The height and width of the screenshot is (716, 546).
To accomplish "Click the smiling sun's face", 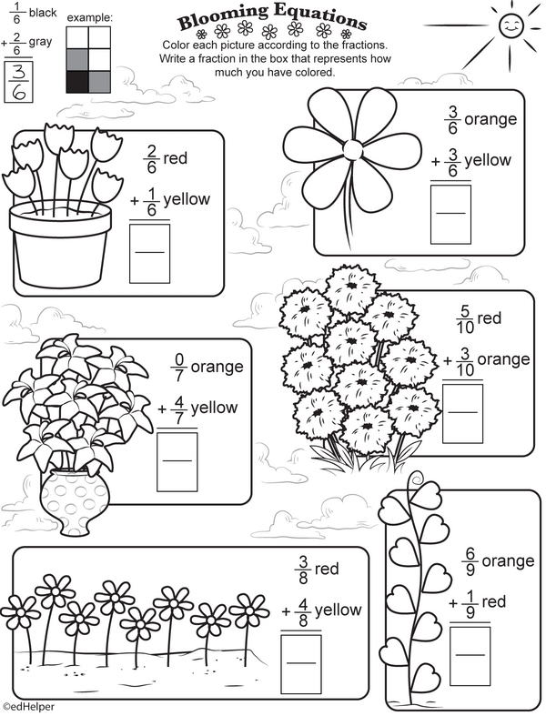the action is coord(510,26).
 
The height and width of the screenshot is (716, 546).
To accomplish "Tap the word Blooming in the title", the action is coord(223,16).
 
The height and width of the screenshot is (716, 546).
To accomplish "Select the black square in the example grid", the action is coord(77,82).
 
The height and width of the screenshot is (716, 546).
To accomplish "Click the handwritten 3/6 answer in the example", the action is coord(19,80).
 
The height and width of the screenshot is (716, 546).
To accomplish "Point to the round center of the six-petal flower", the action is coord(353,148).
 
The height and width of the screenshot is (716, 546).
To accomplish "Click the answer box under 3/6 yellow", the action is coord(450,214).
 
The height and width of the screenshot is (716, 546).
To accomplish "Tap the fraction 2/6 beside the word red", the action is coord(152,160).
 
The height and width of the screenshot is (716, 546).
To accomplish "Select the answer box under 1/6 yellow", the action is coord(149,253).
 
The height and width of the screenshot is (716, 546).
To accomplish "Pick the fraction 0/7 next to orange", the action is coord(178,368).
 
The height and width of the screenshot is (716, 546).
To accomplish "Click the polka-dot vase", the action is coord(75,501).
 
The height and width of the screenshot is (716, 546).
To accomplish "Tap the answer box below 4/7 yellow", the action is coord(177,461).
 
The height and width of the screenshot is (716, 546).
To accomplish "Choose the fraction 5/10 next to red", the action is coord(465,319).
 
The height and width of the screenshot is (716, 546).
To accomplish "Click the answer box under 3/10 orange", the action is coord(462,413).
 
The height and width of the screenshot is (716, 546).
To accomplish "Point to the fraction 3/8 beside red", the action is coord(303,570).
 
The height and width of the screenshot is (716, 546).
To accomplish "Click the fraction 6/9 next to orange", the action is coord(470,562).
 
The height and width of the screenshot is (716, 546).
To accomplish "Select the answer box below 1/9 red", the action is coord(470,656).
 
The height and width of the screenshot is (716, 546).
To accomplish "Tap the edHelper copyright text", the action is coord(28,707).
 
